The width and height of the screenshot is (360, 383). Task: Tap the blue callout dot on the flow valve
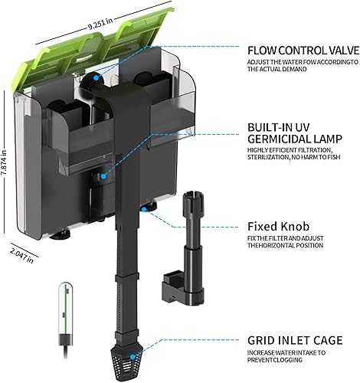94,77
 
